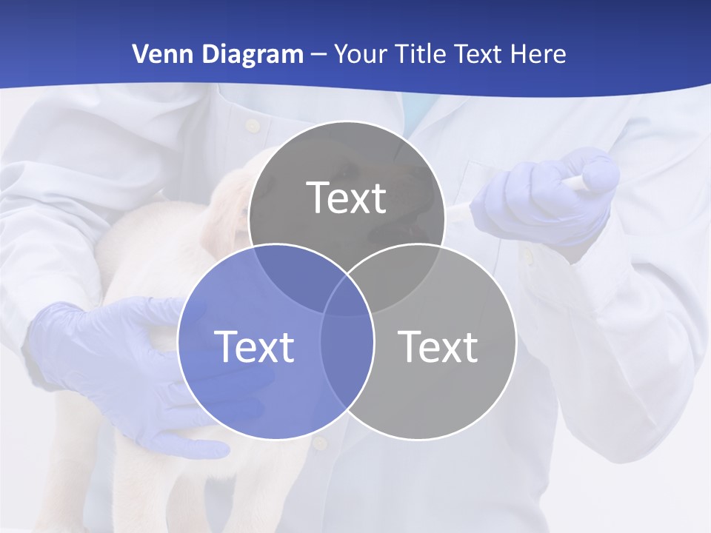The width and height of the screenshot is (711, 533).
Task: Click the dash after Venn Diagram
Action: point(318,55)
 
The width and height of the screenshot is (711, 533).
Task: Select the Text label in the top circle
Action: point(347,198)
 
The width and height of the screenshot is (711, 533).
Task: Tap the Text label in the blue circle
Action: point(254,346)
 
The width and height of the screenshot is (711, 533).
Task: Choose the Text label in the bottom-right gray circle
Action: point(438,346)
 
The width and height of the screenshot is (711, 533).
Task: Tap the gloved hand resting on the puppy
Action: point(111,355)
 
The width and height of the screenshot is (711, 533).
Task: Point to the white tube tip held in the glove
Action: point(596,178)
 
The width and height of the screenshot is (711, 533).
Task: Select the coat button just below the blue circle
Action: point(319,443)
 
